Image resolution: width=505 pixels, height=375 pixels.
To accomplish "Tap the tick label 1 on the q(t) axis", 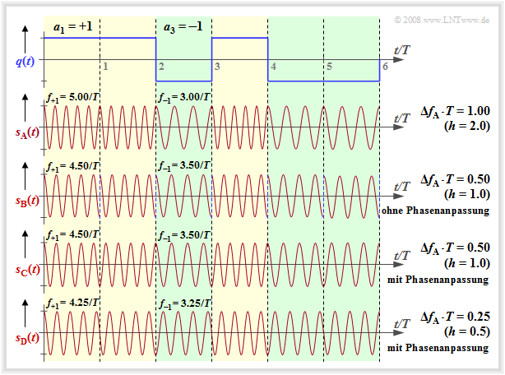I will click(104, 65).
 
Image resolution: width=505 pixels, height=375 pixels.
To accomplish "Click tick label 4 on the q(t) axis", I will click(273, 65).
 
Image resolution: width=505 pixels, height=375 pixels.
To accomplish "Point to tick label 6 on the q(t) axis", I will click(384, 65).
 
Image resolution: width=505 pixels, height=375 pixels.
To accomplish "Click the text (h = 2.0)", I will click(466, 125).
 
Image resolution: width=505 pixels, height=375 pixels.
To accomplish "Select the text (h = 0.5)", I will click(466, 332).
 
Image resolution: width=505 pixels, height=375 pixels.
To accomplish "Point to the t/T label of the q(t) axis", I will click(402, 50).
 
